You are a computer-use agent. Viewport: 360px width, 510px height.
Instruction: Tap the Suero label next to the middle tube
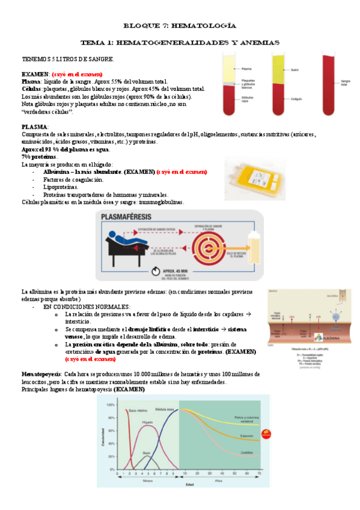pyautogui.click(x=294, y=69)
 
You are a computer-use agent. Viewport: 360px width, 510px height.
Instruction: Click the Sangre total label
pyautogui.click(x=345, y=82)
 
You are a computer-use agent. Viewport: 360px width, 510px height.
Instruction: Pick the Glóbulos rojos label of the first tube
pyautogui.click(x=247, y=98)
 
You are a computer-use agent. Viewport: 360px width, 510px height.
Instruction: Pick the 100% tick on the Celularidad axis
pyautogui.click(x=110, y=405)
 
